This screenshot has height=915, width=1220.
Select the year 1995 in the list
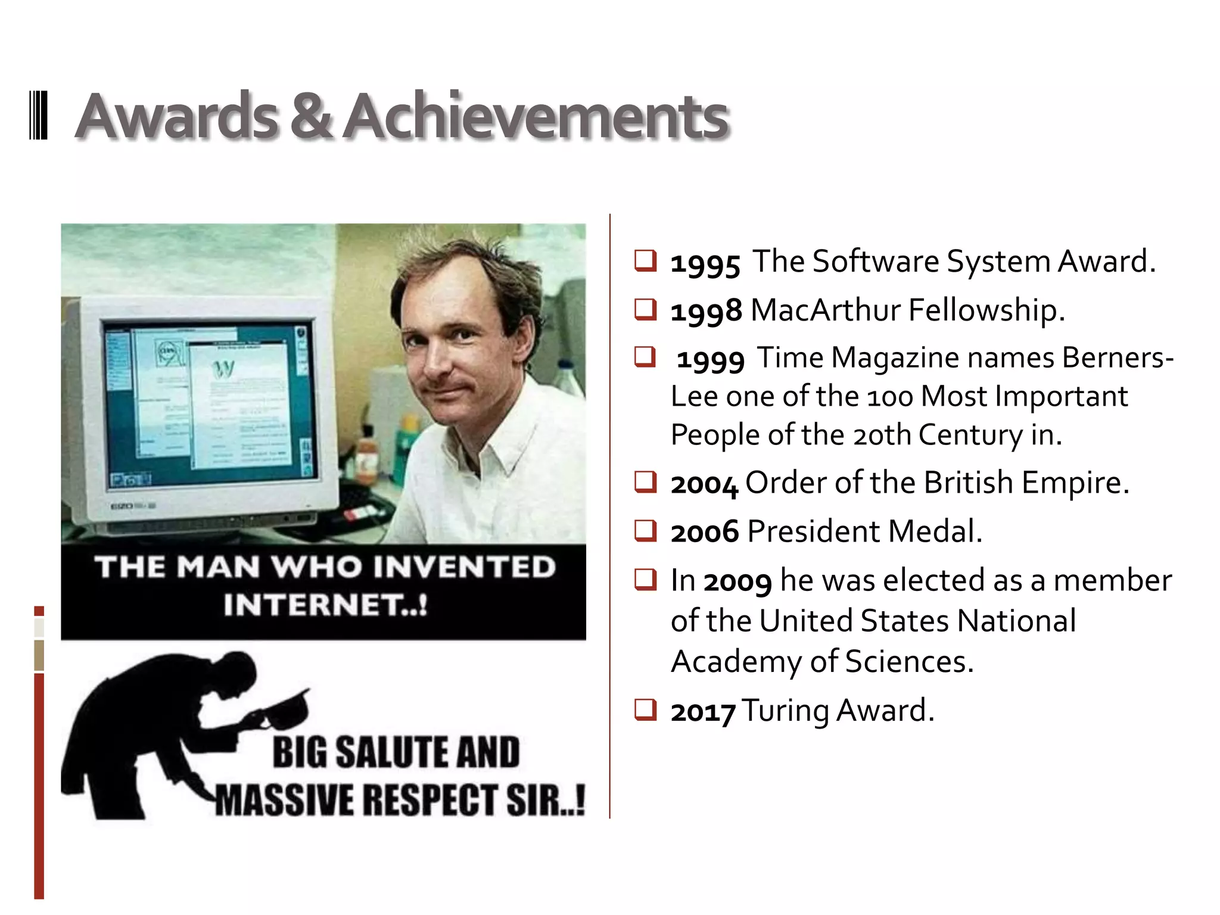point(705,263)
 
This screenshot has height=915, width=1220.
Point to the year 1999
point(711,359)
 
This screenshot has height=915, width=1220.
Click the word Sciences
point(909,662)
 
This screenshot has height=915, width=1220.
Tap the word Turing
point(785,711)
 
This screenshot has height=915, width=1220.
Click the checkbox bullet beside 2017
point(645,709)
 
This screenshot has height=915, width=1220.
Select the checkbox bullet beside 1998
point(645,309)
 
